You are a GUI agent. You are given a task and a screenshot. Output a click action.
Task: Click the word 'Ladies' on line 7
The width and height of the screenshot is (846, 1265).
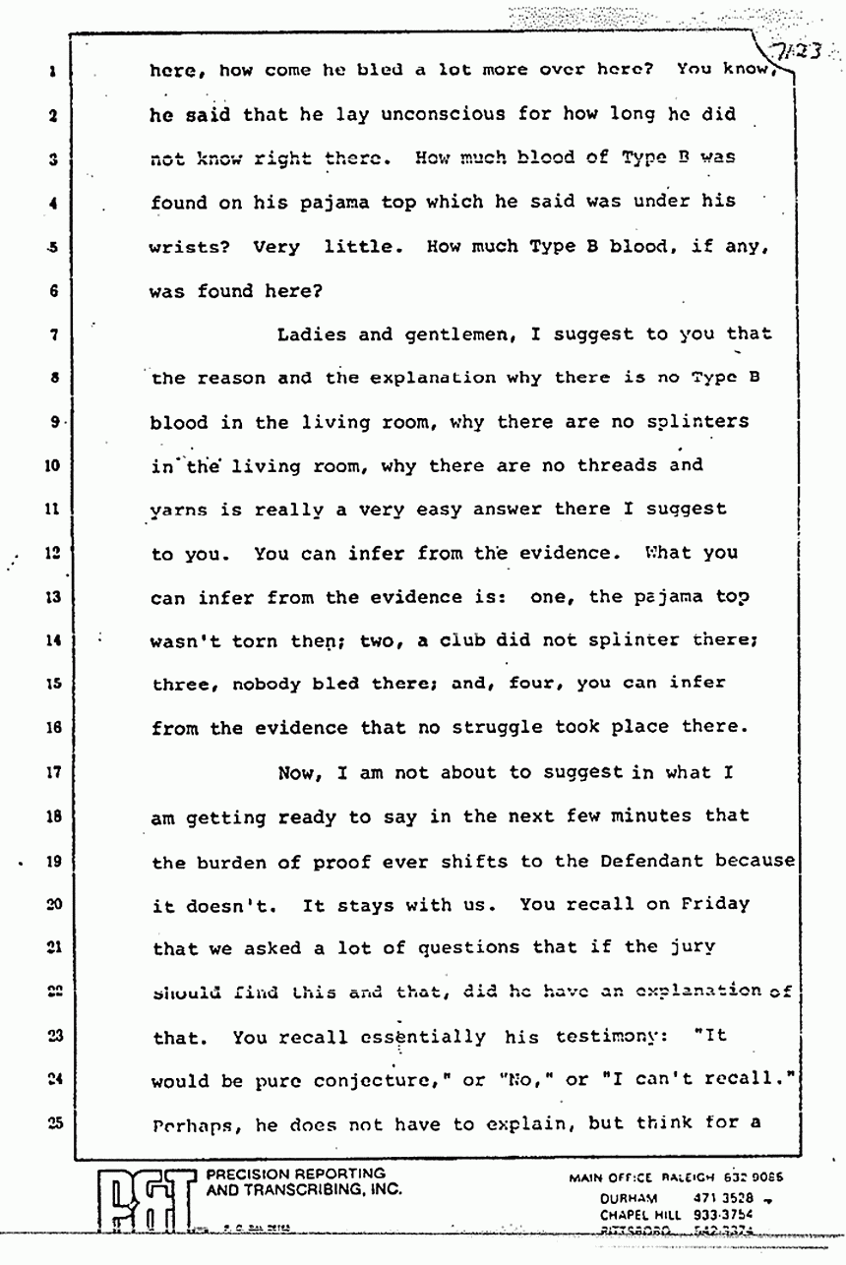point(312,334)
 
